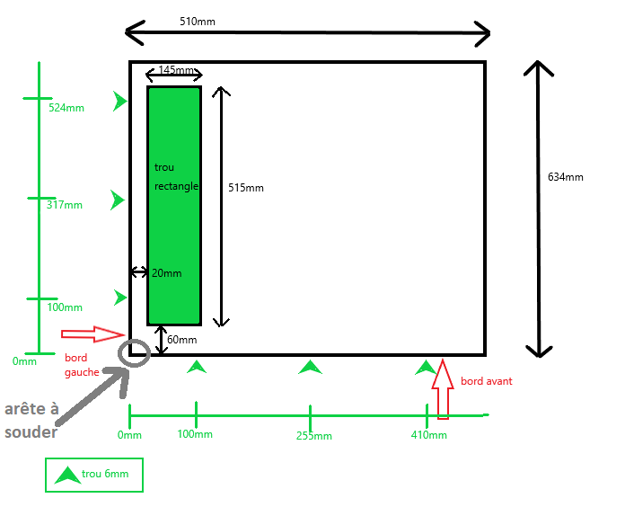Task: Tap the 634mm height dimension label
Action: pos(565,177)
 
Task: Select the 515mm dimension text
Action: pos(246,188)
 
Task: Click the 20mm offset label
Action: pos(166,273)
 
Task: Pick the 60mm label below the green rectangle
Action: pos(181,340)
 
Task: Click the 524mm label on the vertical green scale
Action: pos(66,108)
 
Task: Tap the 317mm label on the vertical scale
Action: pos(64,205)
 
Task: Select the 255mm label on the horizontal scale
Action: pos(313,436)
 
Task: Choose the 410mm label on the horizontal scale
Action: pos(429,435)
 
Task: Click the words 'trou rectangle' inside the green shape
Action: pos(176,177)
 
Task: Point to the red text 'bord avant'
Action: pos(486,381)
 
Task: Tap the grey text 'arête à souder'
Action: pos(31,421)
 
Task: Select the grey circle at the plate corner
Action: pos(134,353)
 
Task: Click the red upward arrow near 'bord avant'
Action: pos(442,389)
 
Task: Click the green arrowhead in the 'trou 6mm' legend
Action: pos(66,475)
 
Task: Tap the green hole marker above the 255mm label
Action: pos(310,367)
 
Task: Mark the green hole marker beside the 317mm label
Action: pos(118,200)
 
